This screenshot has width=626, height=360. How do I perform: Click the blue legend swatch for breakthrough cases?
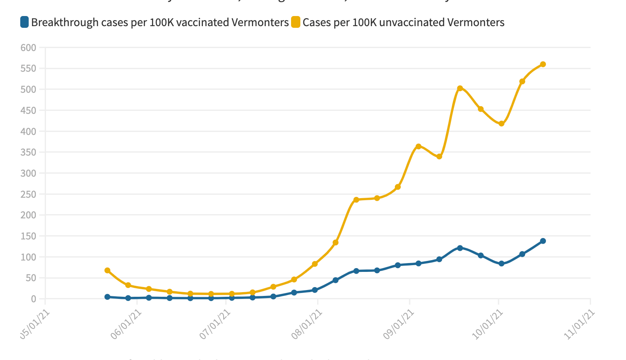coord(24,22)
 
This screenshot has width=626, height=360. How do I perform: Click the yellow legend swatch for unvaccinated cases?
coord(296,22)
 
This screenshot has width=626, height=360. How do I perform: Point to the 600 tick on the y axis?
coord(28,48)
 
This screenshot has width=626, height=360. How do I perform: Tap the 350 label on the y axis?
coord(28,152)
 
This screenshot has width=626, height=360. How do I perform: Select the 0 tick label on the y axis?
coord(34,299)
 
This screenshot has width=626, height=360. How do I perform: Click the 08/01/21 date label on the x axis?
coord(307,324)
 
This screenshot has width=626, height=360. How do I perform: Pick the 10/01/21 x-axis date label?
coord(488,324)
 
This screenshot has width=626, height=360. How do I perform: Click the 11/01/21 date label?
coord(580,324)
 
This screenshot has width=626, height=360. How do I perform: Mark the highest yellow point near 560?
coord(543,64)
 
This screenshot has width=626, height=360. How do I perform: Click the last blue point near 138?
coord(543,241)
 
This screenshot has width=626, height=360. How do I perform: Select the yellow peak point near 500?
coord(460,89)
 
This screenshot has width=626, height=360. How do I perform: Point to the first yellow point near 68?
coord(108,270)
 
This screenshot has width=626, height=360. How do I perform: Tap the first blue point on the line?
coord(108,297)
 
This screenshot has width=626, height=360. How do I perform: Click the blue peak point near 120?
coord(460,248)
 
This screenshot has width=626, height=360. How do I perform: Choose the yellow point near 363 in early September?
coord(418,147)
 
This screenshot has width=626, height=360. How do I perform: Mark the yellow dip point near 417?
coord(502,124)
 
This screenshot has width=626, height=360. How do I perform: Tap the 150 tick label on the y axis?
coord(28,236)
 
